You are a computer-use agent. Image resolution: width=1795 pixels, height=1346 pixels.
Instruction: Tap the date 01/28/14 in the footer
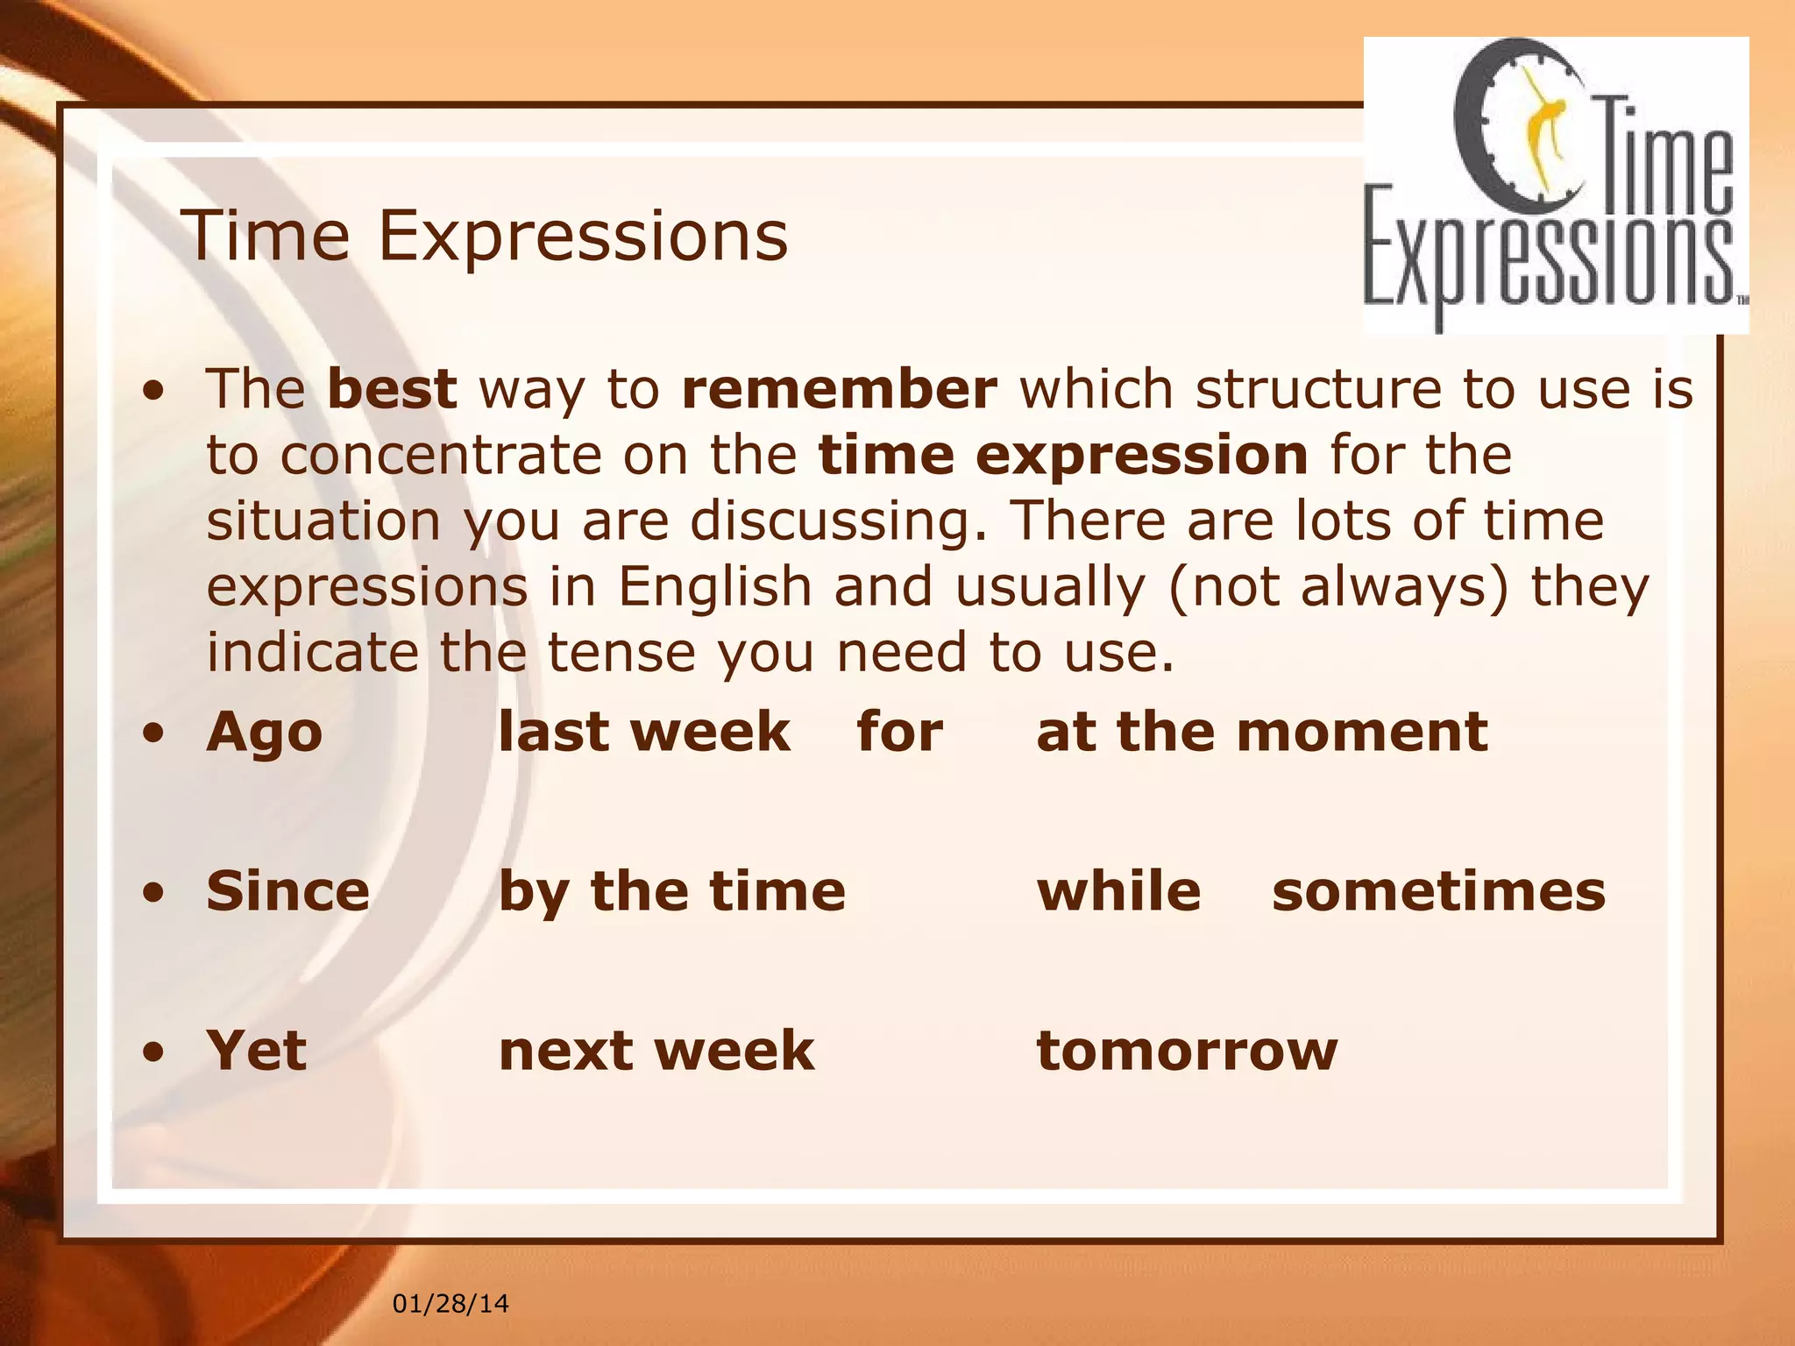[x=450, y=1304]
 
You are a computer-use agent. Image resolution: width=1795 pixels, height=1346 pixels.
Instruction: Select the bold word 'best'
[x=392, y=389]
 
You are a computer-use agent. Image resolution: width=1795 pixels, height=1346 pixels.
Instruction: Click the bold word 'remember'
[x=839, y=389]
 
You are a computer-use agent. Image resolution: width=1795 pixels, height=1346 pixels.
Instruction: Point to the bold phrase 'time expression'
[x=1063, y=455]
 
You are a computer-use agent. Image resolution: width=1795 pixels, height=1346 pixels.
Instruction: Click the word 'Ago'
[x=264, y=733]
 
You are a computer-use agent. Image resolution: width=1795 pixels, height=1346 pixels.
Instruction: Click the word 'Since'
[x=287, y=891]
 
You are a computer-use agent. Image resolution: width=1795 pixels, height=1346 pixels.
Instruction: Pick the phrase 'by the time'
[x=672, y=891]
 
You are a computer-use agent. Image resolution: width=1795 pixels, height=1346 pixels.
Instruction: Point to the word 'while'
[x=1118, y=891]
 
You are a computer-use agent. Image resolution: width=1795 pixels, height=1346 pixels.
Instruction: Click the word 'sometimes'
[x=1438, y=891]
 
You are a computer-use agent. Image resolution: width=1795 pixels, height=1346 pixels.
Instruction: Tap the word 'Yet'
[x=256, y=1050]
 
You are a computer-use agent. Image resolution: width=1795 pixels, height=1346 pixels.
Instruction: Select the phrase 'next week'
[x=656, y=1050]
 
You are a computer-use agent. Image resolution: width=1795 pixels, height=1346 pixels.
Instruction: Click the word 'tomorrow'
[x=1187, y=1050]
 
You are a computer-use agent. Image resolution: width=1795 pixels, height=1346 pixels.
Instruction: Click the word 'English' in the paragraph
[x=715, y=586]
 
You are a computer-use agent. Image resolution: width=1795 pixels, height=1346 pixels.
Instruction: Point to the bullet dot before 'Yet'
[x=154, y=1052]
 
